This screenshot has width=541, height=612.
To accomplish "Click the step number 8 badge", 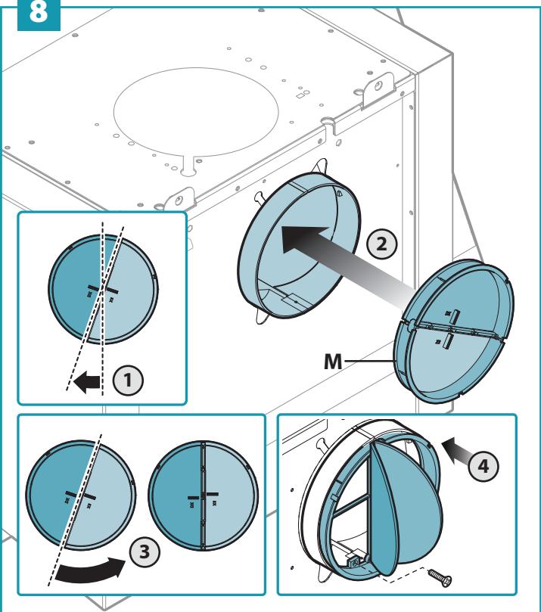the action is tap(39, 14).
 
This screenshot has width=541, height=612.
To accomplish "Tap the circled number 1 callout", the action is tap(128, 381).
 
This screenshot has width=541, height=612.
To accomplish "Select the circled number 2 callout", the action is tap(382, 244).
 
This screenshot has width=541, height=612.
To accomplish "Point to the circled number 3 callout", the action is tap(145, 551).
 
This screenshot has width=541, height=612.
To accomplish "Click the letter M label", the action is tap(333, 362).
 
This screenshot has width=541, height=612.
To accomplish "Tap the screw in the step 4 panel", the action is tap(440, 577).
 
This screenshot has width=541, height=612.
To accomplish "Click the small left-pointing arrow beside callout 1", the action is tap(87, 382).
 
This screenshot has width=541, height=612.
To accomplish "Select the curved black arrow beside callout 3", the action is tap(91, 571).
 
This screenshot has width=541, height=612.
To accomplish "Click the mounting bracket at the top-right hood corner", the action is tap(378, 91).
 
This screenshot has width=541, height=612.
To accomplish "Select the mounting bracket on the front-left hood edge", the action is tap(179, 200).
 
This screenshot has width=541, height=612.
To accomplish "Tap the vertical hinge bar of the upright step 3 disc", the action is tap(203, 496).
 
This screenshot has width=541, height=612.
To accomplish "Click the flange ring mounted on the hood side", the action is tap(298, 246).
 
